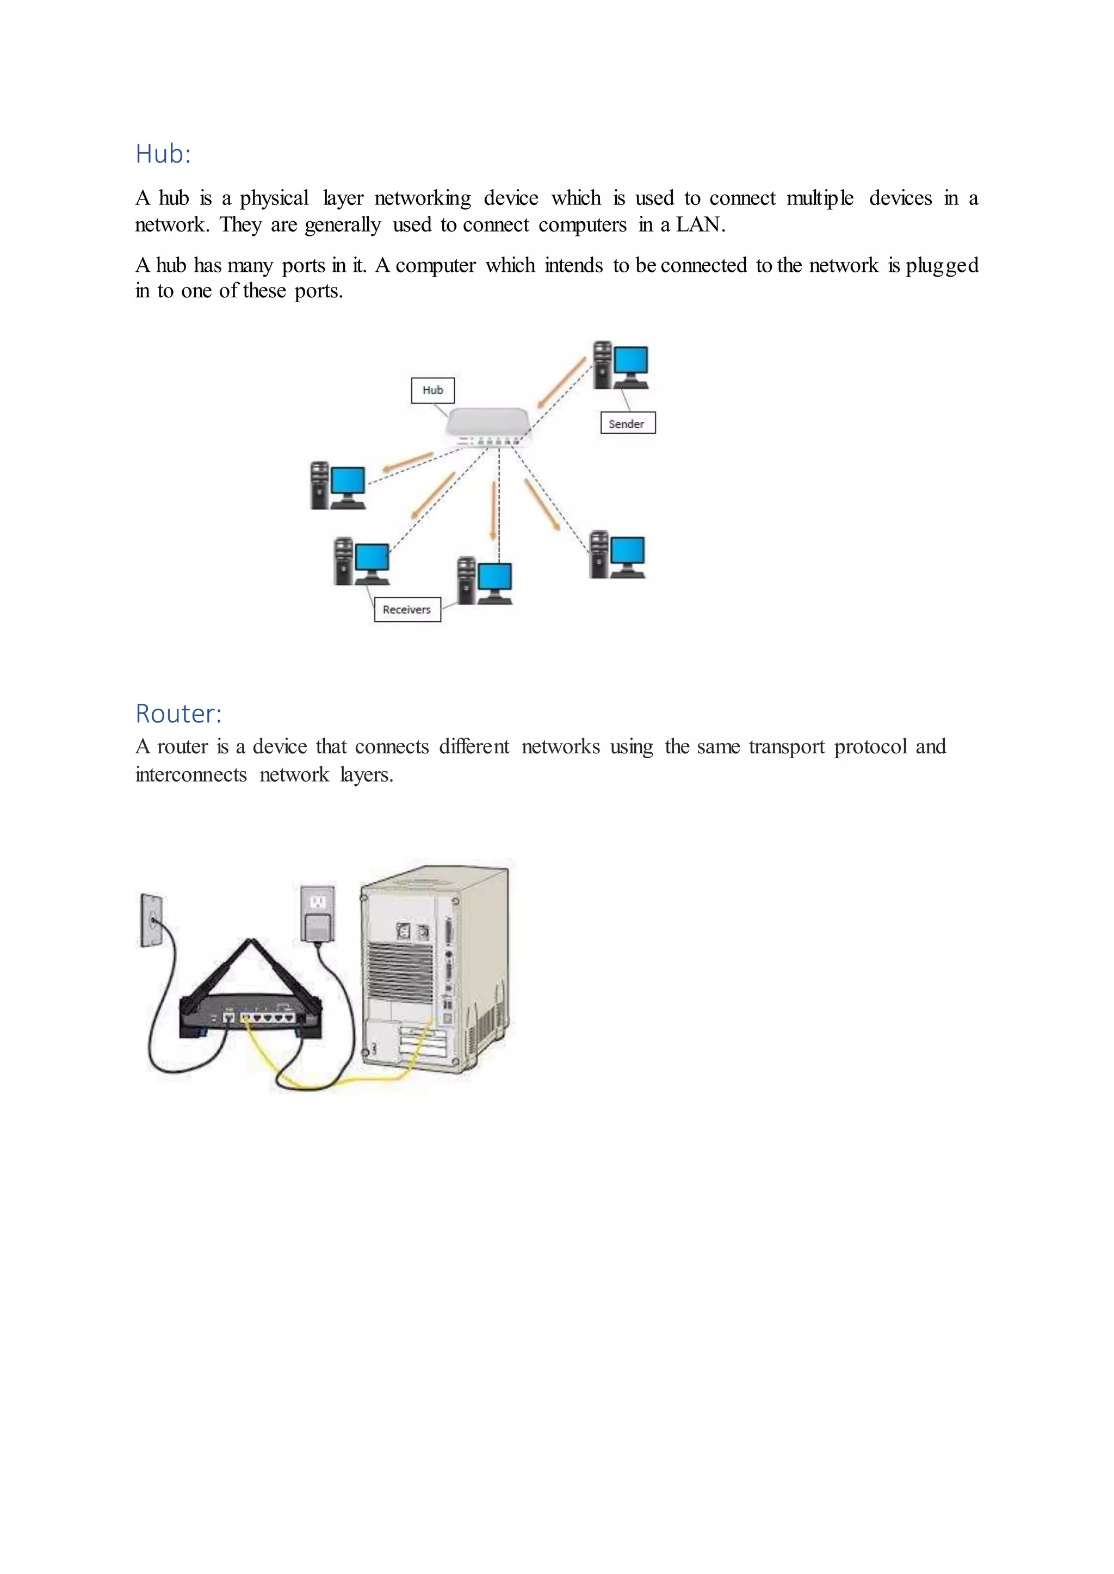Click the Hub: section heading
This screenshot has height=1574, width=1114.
tap(163, 154)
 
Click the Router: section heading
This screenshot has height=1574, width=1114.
tap(178, 714)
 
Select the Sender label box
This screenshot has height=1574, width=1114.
tap(627, 423)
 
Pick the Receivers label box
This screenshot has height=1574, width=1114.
tap(407, 609)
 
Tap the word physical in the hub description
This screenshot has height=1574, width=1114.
tap(274, 199)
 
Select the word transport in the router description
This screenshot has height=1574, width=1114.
tap(786, 747)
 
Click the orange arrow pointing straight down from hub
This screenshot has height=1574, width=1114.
tap(492, 511)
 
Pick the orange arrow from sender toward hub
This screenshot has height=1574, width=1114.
tap(561, 383)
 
